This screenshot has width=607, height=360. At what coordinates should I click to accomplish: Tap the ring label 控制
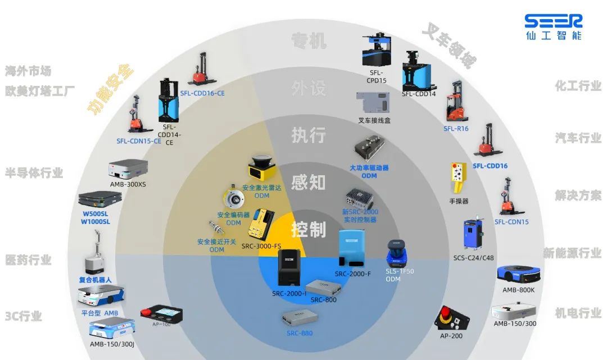[x=309, y=229]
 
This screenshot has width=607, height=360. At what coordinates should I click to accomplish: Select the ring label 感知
[x=309, y=181]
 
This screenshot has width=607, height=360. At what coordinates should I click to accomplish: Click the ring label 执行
[x=309, y=135]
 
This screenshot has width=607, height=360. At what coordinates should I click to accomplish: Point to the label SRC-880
[x=299, y=333]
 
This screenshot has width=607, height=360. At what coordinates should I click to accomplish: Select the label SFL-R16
[x=456, y=129]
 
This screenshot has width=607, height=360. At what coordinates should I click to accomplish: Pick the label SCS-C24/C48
[x=474, y=258]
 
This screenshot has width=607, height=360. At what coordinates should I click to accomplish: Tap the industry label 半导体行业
[x=34, y=172]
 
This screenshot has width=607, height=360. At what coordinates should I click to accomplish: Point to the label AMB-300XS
[x=128, y=184]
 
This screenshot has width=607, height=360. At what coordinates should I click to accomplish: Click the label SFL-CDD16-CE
[x=202, y=93]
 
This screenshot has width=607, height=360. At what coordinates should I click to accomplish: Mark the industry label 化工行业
[x=578, y=86]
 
